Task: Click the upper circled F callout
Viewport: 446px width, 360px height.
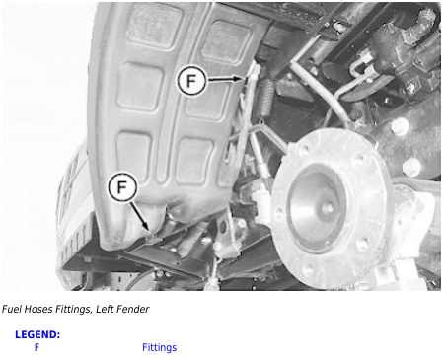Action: tap(191, 81)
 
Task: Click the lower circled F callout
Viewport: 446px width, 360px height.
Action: tap(122, 187)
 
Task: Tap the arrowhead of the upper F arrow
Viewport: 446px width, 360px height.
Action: tap(242, 79)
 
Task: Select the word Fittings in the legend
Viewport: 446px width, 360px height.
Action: tap(159, 347)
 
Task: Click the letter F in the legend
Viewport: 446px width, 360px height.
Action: tap(37, 347)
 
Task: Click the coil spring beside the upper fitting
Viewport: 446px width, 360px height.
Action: tap(267, 99)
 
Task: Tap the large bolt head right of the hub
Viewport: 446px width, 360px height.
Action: tap(400, 126)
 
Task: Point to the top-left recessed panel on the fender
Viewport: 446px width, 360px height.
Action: tap(154, 27)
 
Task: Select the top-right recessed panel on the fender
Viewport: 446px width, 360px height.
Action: tap(227, 41)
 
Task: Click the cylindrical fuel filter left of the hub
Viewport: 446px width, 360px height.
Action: tap(262, 204)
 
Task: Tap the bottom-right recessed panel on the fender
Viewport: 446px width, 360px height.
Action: tap(194, 161)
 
